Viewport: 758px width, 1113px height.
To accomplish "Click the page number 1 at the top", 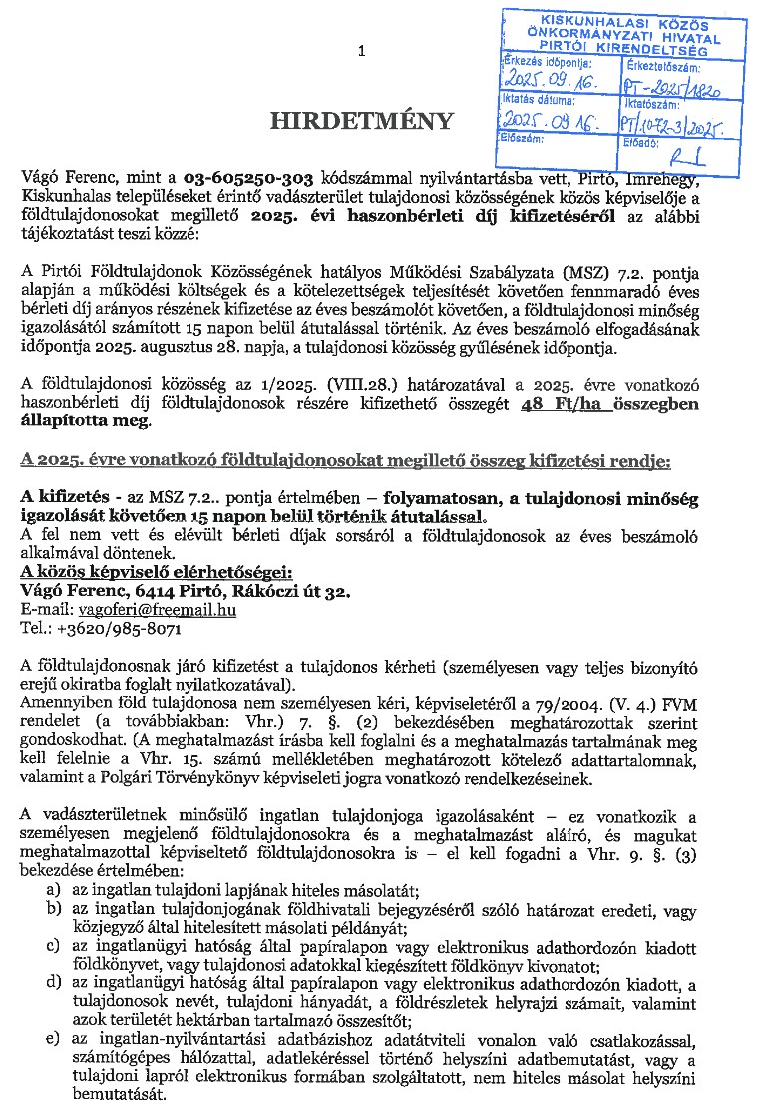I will [361, 50].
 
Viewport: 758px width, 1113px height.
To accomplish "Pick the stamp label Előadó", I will [639, 141].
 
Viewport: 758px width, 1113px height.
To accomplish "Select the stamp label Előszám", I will [525, 139].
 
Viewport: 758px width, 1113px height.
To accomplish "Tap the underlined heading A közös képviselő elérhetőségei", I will [157, 572].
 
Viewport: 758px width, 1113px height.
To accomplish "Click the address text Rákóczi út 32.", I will [295, 592].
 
